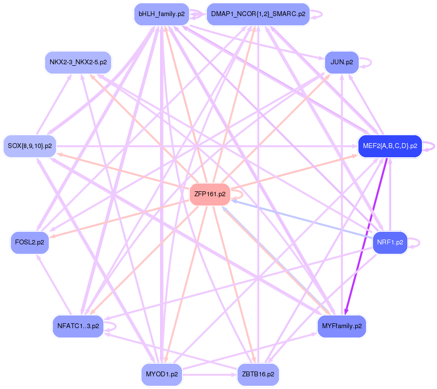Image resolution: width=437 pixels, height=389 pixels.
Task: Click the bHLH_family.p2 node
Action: (161, 14)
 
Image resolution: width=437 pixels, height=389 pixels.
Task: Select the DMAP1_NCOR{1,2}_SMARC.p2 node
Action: (258, 14)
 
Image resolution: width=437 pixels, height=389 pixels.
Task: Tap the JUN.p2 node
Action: (342, 62)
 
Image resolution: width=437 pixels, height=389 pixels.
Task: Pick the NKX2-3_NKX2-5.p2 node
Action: (78, 62)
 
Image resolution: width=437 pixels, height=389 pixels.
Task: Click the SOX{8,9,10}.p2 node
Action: (30, 146)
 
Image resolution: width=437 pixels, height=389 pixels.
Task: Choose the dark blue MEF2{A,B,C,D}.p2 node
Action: (389, 146)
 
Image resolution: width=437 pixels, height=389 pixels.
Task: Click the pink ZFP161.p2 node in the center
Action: (210, 194)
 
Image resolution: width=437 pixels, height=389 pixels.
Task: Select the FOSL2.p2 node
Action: (30, 242)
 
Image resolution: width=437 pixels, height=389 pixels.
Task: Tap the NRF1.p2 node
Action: (389, 242)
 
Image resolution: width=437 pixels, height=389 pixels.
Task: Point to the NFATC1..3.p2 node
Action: (78, 326)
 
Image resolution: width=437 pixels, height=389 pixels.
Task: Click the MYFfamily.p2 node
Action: (342, 326)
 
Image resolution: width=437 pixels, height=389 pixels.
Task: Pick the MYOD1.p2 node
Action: (161, 374)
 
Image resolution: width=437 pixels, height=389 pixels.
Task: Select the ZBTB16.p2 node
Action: (258, 374)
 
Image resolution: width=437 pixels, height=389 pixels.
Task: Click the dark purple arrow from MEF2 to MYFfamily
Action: (367, 234)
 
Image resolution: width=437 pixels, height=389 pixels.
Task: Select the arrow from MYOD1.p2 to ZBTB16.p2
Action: (209, 375)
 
